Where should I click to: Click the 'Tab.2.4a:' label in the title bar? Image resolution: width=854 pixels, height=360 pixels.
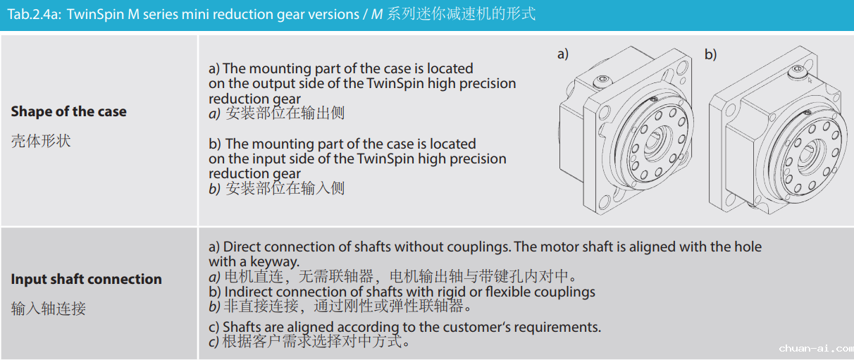[35, 15]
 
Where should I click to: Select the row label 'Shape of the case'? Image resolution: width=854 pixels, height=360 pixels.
[68, 111]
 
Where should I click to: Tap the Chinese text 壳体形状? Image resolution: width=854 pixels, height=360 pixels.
[41, 141]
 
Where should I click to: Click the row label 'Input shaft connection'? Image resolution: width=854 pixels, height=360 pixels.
[86, 279]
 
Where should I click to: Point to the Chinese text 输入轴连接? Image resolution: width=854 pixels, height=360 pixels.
[49, 309]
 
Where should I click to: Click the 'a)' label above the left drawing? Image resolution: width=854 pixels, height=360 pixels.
[563, 54]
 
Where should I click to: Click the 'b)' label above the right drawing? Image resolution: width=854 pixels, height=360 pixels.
[711, 54]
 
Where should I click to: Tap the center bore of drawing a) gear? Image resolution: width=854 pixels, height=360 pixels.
[657, 142]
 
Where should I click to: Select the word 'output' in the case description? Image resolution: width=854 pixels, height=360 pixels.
[273, 84]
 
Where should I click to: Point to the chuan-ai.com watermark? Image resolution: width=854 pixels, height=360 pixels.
[816, 348]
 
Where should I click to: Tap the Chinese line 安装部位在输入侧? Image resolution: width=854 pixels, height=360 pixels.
[285, 188]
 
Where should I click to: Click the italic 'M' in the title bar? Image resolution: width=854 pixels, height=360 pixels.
[377, 15]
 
